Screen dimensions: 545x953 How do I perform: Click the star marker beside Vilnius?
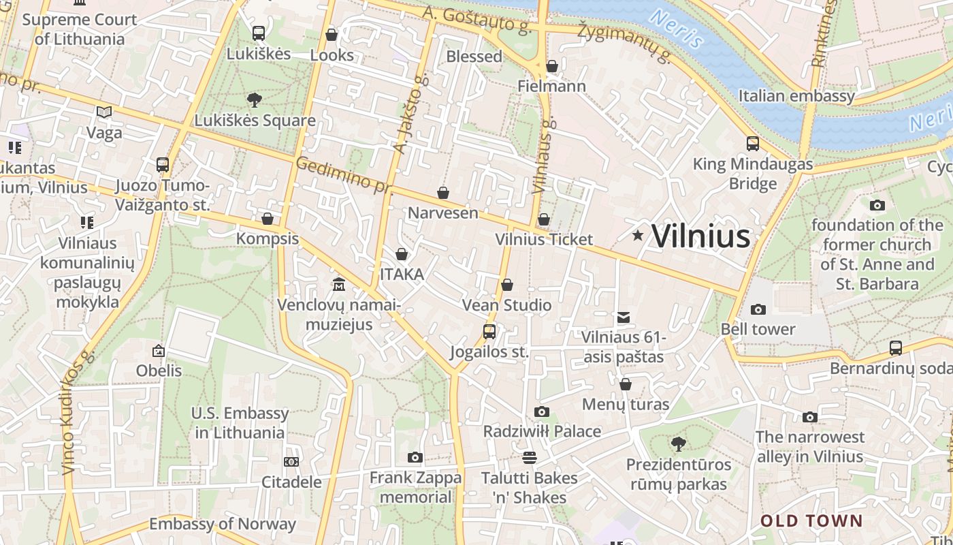(638, 236)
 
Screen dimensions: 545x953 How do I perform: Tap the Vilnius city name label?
(701, 236)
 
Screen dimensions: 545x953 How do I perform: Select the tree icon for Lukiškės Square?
(255, 100)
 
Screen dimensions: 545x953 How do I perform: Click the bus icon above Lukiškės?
(259, 33)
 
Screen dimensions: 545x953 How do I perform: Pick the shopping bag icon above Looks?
(332, 34)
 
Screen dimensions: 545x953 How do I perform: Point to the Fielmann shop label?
(551, 86)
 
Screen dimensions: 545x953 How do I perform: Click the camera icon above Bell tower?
(758, 309)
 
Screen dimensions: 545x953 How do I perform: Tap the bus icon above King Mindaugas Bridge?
(753, 144)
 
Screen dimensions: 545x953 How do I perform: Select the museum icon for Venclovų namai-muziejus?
(338, 283)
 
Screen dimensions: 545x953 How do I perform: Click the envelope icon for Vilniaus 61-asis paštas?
(623, 317)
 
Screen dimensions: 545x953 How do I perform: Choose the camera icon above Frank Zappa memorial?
(415, 457)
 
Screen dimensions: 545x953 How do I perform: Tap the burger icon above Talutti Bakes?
(530, 457)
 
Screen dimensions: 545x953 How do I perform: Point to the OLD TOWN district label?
(811, 521)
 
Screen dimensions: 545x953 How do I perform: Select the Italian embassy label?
(796, 95)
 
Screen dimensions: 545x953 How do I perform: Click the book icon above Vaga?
(104, 112)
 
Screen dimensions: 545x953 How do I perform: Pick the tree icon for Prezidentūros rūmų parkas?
(678, 444)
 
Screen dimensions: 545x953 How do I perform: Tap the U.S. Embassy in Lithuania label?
(240, 422)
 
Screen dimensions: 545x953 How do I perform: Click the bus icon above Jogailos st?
(489, 332)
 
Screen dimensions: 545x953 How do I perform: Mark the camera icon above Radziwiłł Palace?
(542, 411)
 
